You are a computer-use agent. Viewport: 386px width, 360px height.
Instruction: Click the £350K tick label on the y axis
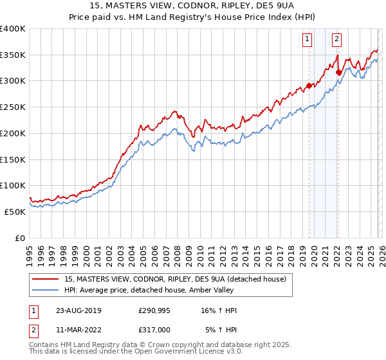click(x=13, y=55)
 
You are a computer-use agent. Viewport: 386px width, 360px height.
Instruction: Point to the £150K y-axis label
click(x=13, y=160)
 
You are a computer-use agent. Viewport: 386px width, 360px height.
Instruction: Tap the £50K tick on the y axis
click(x=15, y=212)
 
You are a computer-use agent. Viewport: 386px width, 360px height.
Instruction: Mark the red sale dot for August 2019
click(x=309, y=85)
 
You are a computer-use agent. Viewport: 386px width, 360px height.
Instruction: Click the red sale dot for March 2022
click(x=338, y=72)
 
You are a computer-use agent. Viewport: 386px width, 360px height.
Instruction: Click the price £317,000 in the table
click(x=154, y=330)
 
